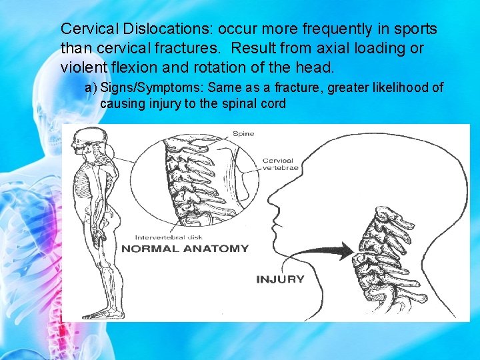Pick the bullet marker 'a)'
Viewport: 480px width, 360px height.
[90, 88]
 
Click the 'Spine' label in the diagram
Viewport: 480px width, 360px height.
[243, 134]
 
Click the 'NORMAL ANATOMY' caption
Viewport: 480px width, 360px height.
[184, 249]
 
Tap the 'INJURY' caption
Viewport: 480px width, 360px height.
[280, 279]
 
